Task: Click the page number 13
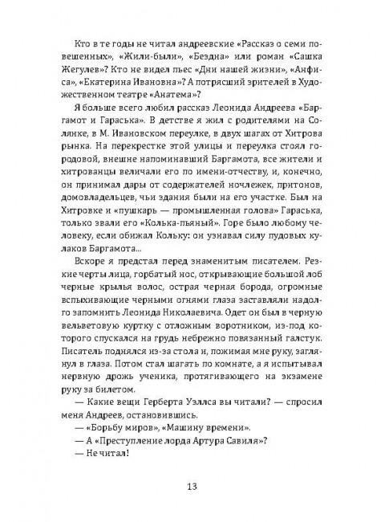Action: (192, 487)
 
